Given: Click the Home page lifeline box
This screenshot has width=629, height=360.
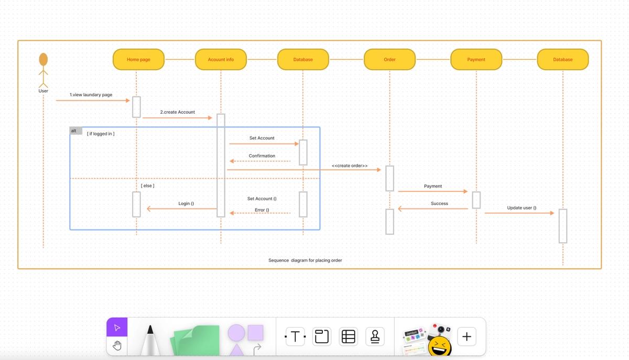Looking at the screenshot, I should pyautogui.click(x=138, y=59).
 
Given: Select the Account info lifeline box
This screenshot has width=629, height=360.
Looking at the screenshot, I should pyautogui.click(x=221, y=59).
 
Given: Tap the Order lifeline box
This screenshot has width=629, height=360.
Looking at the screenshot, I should pyautogui.click(x=389, y=59).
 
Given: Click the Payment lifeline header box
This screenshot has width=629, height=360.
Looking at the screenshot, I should pyautogui.click(x=476, y=59).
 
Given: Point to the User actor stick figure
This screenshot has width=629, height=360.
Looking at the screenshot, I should pyautogui.click(x=44, y=71).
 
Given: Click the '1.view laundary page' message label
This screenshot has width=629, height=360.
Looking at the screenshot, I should pyautogui.click(x=91, y=95).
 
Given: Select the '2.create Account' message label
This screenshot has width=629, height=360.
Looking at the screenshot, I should pyautogui.click(x=177, y=112).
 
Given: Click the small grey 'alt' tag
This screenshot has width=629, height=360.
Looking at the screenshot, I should pyautogui.click(x=75, y=131).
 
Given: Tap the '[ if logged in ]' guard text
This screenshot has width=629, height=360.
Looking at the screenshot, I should pyautogui.click(x=101, y=134).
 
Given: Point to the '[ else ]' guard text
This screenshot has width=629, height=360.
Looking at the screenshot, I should pyautogui.click(x=147, y=186).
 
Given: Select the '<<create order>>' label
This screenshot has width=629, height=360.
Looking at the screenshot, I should pyautogui.click(x=350, y=166).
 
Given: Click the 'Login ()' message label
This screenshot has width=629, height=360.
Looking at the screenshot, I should pyautogui.click(x=186, y=203).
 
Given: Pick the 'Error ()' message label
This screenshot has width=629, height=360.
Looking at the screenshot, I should pyautogui.click(x=262, y=210).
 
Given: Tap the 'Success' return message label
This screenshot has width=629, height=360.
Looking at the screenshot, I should pyautogui.click(x=439, y=203).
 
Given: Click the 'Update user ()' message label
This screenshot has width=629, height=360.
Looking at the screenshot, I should pyautogui.click(x=522, y=208).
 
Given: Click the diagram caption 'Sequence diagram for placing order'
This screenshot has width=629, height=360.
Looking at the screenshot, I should pyautogui.click(x=305, y=260).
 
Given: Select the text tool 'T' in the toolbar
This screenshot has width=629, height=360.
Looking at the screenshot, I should pyautogui.click(x=295, y=336).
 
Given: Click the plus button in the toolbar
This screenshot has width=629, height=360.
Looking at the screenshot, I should pyautogui.click(x=467, y=336).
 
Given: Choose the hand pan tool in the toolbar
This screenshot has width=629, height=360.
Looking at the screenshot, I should pyautogui.click(x=117, y=345).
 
